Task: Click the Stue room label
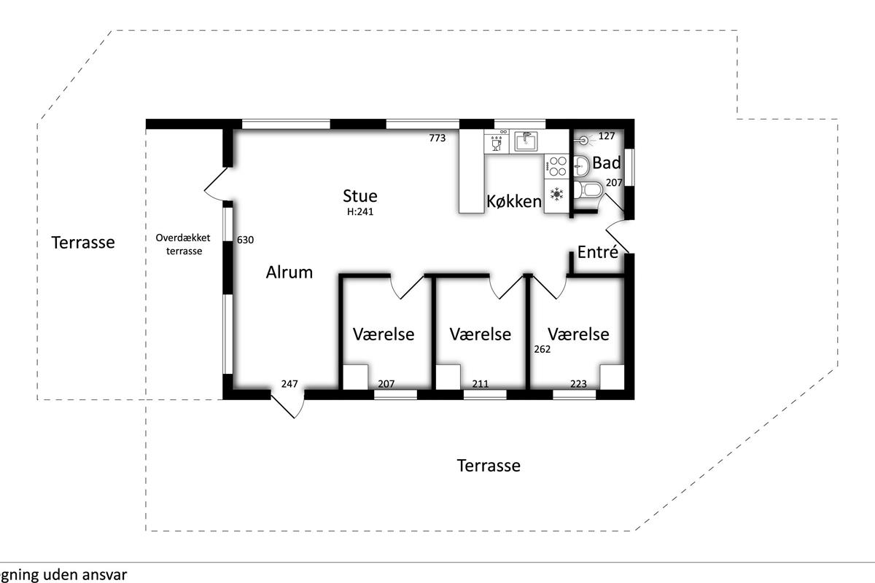pos(359,196)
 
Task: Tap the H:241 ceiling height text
pos(360,211)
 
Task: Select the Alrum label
pos(289,272)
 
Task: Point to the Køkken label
pos(514,201)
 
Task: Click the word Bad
pos(606,163)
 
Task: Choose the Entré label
pos(598,252)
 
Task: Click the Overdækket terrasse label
pos(183,244)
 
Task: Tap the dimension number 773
pos(437,138)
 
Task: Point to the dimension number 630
pos(245,240)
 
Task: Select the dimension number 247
pos(289,384)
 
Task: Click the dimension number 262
pos(542,349)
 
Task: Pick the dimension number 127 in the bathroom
pos(606,136)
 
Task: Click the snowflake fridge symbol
pos(556,194)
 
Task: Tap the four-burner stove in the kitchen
pos(557,166)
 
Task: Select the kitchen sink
pos(526,141)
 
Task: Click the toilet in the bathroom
pos(588,190)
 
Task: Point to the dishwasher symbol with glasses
pos(497,141)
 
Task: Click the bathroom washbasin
pos(581,166)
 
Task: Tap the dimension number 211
pos(480,384)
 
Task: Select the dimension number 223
pos(578,384)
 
